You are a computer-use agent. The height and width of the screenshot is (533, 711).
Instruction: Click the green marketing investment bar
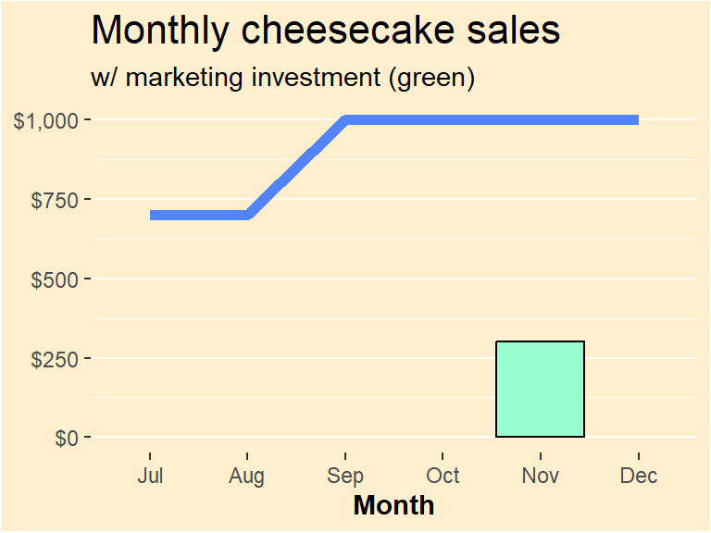(541, 389)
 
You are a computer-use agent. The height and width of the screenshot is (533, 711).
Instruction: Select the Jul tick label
(150, 476)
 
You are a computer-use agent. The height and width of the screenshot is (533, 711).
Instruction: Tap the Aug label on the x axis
(247, 476)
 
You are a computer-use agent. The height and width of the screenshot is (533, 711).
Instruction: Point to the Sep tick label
(345, 476)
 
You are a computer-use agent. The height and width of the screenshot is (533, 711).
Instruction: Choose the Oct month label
(443, 476)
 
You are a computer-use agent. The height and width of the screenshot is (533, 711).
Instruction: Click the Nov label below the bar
(541, 476)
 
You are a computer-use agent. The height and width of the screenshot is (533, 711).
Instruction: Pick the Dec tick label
(639, 476)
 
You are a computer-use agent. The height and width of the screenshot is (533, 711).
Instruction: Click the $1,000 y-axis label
(51, 120)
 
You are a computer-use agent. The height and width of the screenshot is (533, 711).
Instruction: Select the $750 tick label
(56, 199)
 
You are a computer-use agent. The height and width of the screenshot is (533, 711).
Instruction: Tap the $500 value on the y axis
(56, 279)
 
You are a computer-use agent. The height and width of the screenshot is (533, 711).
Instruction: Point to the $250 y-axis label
(56, 358)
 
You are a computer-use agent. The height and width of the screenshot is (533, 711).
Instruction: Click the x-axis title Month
(393, 505)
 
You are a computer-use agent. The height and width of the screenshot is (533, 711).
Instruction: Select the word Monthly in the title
(157, 31)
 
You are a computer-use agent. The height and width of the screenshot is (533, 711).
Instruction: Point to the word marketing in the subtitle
(184, 79)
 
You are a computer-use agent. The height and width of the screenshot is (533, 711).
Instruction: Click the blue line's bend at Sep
(345, 120)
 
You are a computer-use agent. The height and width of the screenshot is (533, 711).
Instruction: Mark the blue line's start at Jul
(152, 215)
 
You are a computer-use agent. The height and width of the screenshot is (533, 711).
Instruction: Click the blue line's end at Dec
(637, 120)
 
